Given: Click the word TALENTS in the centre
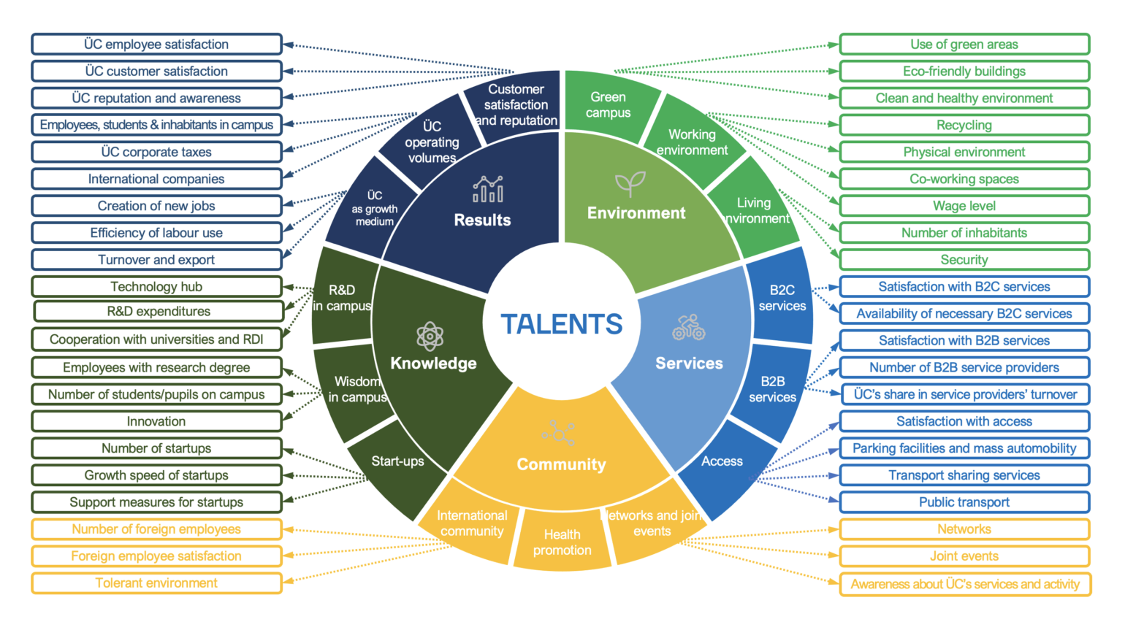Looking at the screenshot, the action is click(562, 324).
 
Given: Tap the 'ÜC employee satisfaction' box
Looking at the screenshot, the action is click(156, 45).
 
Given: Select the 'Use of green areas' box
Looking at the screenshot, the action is click(964, 45).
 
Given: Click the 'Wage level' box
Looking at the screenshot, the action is click(964, 206).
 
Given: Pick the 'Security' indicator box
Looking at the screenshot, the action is click(964, 260).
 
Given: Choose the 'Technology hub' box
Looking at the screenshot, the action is click(156, 287).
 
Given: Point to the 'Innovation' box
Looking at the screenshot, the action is click(156, 421).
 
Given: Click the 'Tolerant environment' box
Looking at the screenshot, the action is click(156, 583).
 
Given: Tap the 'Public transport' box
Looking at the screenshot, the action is click(964, 502).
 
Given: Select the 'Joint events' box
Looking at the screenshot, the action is click(964, 556).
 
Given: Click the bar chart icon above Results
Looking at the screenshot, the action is click(488, 189).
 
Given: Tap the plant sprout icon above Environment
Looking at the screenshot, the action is click(630, 184).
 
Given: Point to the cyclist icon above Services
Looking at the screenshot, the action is click(689, 327).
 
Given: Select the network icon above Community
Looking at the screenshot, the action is click(558, 433).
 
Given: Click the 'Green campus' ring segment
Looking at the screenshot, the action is click(609, 104).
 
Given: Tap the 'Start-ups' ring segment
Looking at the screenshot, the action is click(397, 467).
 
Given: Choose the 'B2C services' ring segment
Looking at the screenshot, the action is click(782, 298).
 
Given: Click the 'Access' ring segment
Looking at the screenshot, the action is click(723, 467).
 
